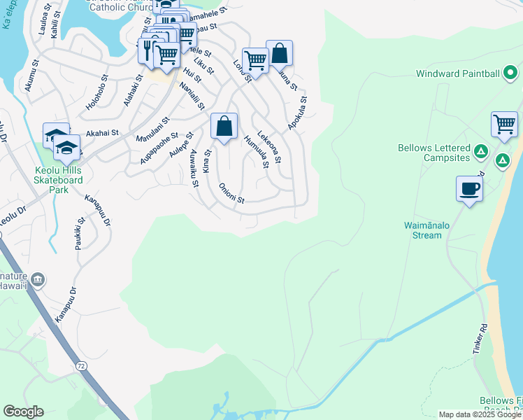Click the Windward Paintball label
click(458, 73)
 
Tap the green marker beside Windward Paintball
click(511, 73)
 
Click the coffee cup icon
click(469, 188)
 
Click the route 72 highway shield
click(81, 365)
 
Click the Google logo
click(23, 412)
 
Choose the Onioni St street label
click(231, 193)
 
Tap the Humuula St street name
click(256, 152)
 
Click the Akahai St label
click(103, 132)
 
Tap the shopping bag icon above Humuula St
click(224, 126)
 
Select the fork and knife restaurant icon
click(148, 49)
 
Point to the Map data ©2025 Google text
click(479, 414)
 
